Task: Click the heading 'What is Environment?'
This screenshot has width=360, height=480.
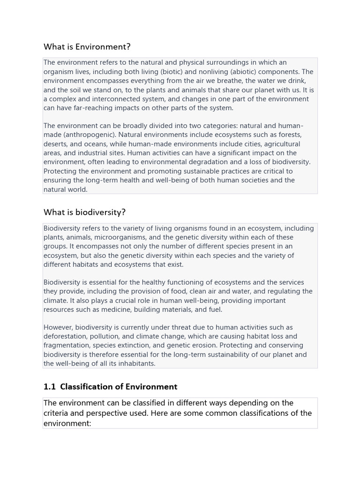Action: click(87, 47)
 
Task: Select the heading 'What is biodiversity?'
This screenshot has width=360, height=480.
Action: click(84, 212)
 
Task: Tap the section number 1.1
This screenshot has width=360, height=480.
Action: click(50, 387)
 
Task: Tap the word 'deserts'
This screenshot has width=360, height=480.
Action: click(55, 144)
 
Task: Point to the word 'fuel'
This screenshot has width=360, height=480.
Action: click(214, 309)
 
